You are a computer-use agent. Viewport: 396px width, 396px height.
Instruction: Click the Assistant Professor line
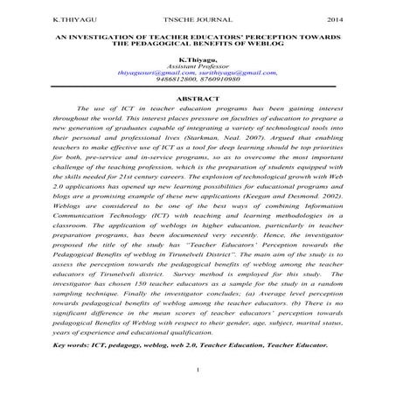point(197,68)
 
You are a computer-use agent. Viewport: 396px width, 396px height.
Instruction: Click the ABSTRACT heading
point(198,100)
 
